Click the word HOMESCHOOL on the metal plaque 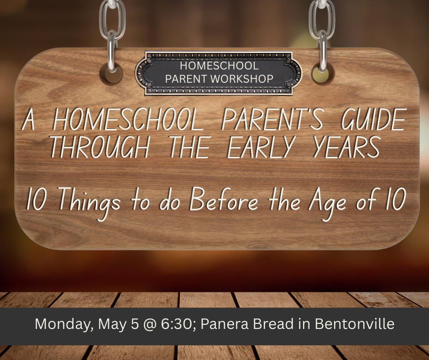tap(219, 66)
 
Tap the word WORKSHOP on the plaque tap(242, 79)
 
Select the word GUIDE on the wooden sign tap(374, 119)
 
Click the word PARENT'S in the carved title tap(273, 119)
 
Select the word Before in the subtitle tap(224, 199)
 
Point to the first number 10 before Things tap(37, 199)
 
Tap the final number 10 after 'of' tap(396, 199)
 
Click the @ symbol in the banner tap(150, 324)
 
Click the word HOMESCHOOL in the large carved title tap(128, 119)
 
